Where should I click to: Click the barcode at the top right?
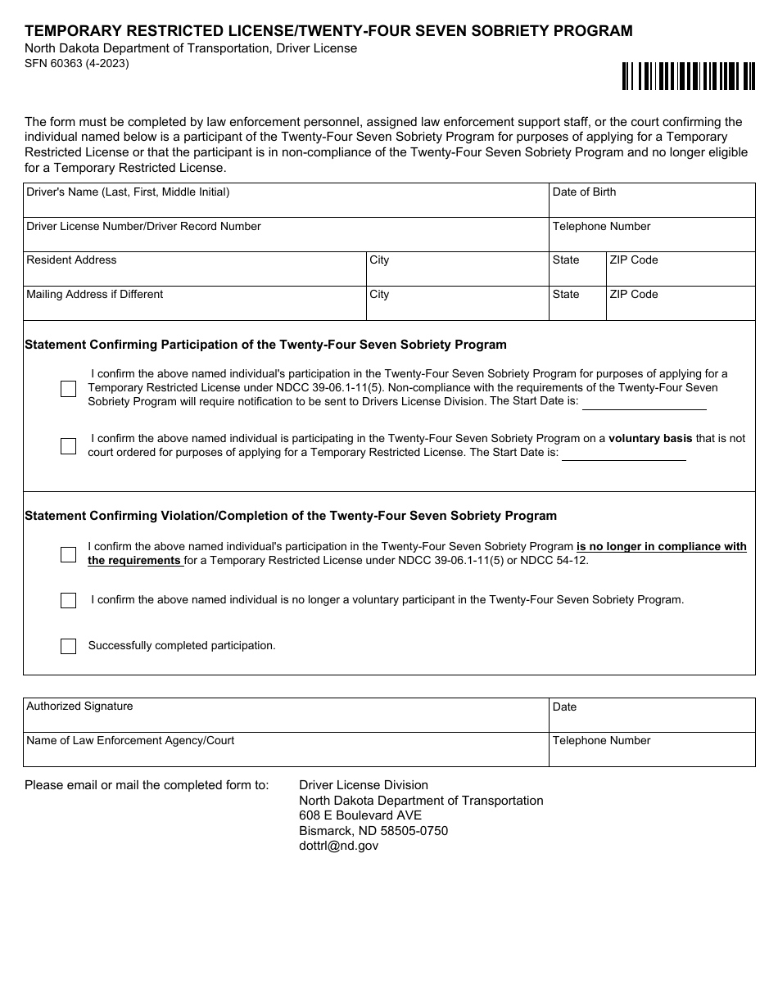point(688,76)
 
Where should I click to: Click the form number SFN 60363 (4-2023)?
point(76,63)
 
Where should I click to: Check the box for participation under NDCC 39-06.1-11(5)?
point(68,389)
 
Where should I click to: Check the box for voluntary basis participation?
point(68,446)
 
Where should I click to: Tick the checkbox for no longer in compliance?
point(68,554)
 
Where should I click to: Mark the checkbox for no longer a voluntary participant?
point(68,600)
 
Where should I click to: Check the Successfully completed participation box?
point(68,646)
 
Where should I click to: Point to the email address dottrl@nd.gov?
point(339,846)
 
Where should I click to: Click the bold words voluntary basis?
point(650,438)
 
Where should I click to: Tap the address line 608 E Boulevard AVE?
point(360,815)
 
